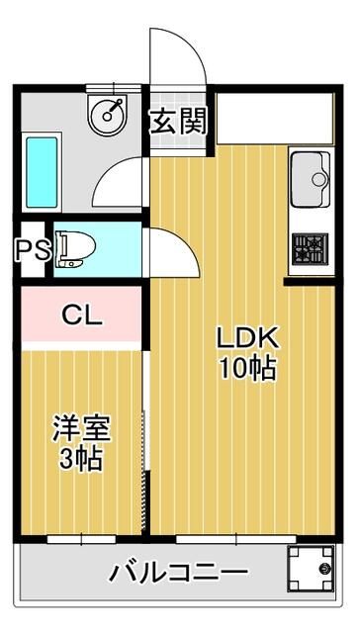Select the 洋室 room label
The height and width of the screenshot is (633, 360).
82,430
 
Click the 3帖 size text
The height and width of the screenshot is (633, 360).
82,459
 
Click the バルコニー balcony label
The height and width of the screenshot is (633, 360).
179,572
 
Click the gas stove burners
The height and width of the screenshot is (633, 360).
309,248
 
